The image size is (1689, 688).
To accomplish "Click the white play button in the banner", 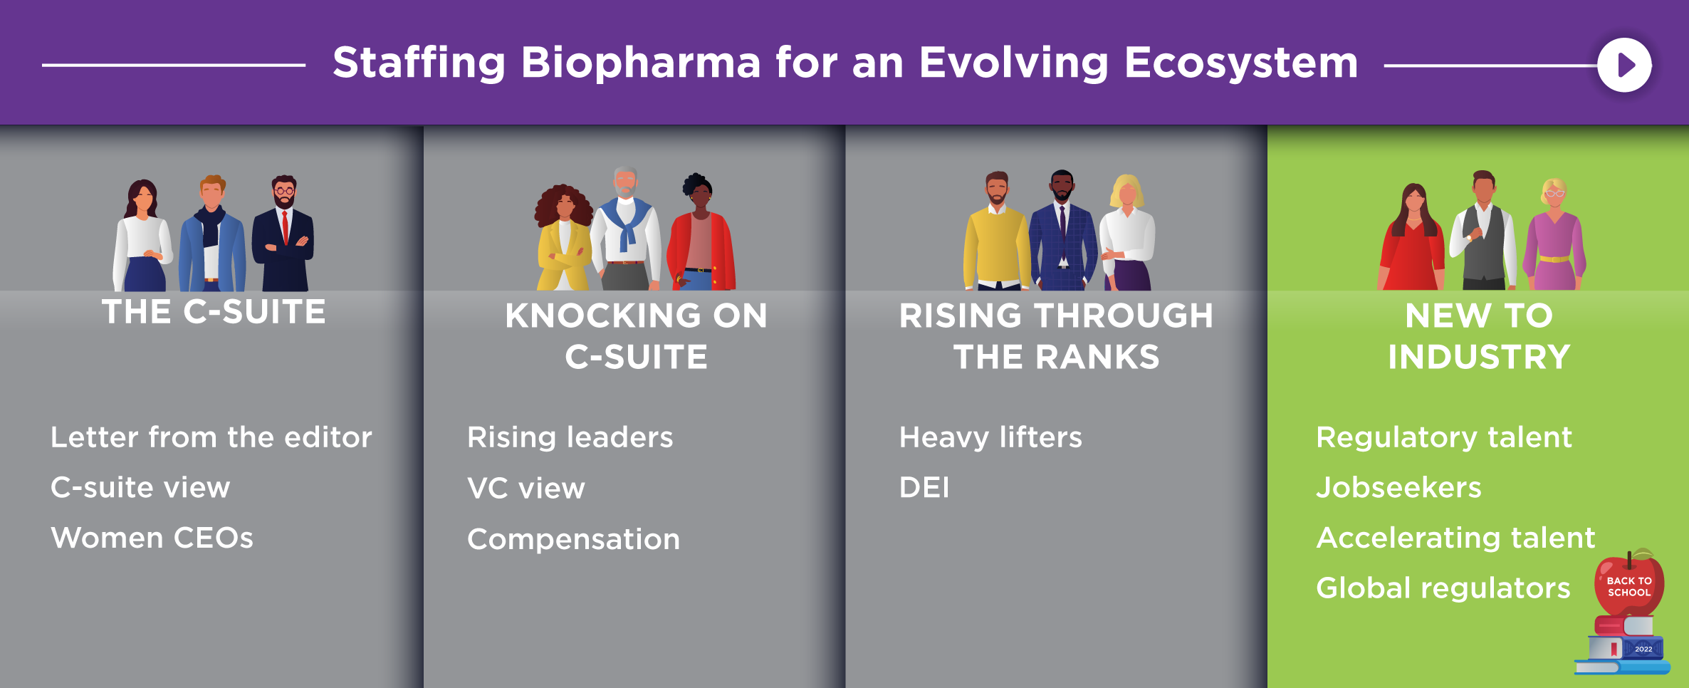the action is (1624, 65).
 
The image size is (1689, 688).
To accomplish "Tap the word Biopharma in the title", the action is (641, 63).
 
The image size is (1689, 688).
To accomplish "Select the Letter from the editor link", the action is (211, 437).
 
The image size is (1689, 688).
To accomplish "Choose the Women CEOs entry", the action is (152, 538).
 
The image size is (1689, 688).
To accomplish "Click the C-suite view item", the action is (140, 488).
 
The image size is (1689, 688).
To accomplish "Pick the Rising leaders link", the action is (570, 437).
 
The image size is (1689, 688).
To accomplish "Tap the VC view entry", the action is (526, 489).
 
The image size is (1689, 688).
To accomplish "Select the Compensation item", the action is (574, 540).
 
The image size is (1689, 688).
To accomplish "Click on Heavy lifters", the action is (990, 437).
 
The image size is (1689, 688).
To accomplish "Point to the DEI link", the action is (924, 488).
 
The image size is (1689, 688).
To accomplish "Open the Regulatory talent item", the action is (1444, 437).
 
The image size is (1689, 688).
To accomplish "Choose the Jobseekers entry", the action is (1399, 488).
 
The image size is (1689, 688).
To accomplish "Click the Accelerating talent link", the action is (1456, 538).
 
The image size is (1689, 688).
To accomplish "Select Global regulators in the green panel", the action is (1443, 588).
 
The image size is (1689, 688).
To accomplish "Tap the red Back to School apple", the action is (1628, 584).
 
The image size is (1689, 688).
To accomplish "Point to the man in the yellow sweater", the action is (996, 235).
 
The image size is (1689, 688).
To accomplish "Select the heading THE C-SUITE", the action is (214, 312).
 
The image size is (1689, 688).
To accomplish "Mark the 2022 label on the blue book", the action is (1643, 649).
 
